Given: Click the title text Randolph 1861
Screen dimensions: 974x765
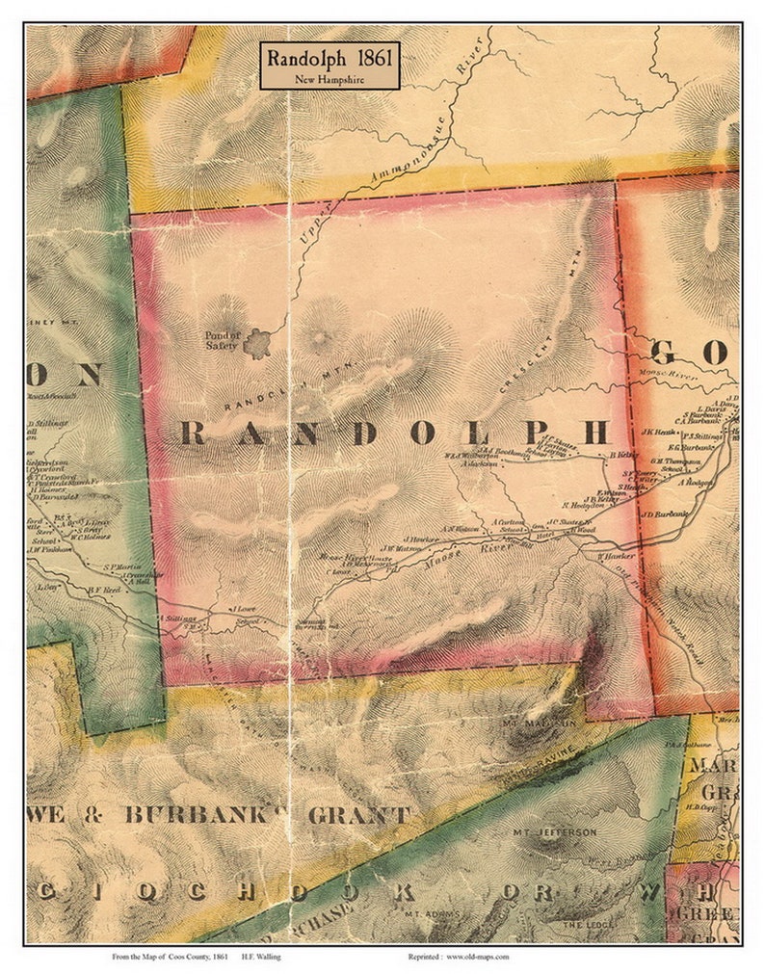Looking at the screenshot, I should [328, 58].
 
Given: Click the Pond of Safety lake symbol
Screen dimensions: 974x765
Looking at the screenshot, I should [257, 342].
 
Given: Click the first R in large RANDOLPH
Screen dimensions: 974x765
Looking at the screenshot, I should [193, 434].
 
